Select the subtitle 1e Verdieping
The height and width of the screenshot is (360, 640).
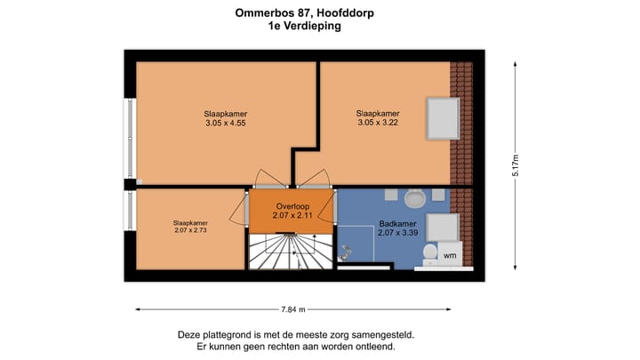(x=304, y=27)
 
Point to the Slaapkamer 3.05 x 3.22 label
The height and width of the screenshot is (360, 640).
(x=377, y=119)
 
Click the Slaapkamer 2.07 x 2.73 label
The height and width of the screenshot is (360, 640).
(x=190, y=227)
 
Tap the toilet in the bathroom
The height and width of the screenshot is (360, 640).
(x=430, y=254)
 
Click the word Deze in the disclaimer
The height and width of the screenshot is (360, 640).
(x=191, y=335)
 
